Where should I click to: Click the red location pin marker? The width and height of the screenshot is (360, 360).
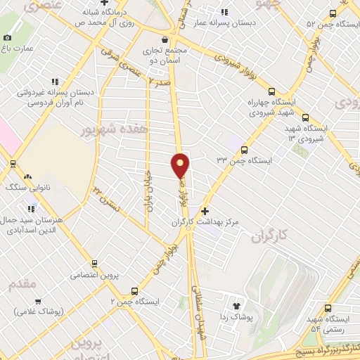point(181,165)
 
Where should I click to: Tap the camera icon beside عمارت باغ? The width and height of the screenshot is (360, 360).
point(7,37)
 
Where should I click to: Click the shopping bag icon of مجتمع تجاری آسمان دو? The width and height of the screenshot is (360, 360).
point(165,39)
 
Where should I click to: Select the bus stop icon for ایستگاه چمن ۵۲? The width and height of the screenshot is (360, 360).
point(332,13)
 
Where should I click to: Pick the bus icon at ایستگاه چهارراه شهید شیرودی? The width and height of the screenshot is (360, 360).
point(271,91)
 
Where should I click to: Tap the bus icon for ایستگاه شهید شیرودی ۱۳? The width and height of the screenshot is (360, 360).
point(305,117)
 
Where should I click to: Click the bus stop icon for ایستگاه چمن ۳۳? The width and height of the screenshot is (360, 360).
point(244,149)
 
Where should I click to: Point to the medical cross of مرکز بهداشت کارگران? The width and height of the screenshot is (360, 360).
point(205,210)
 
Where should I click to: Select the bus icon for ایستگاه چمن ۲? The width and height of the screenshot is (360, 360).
point(135,291)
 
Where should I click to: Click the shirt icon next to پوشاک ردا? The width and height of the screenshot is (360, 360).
point(236,306)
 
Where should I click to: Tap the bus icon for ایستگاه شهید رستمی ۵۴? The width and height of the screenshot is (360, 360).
point(328,307)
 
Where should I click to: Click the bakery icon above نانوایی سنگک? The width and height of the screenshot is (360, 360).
point(27,176)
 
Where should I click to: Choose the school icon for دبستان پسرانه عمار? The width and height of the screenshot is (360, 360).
point(224,12)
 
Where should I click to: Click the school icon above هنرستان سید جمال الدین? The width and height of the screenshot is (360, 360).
point(31,208)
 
